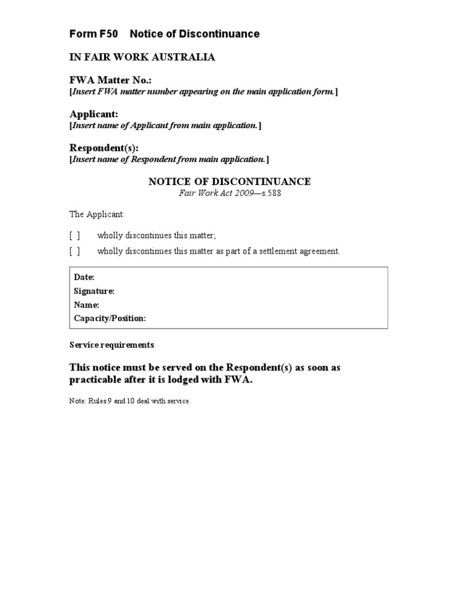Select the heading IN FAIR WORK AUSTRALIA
(x=142, y=57)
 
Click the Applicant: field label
(x=94, y=114)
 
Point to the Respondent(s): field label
(x=104, y=147)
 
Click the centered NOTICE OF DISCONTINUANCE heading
(x=229, y=181)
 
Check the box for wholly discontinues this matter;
(x=75, y=235)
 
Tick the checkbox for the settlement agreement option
(x=75, y=251)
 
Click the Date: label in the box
(x=84, y=277)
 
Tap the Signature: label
(x=94, y=291)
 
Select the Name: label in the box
(x=86, y=305)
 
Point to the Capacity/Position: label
(x=110, y=318)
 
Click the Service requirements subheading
(x=112, y=345)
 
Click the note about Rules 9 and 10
(x=130, y=401)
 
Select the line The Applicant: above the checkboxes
(x=97, y=214)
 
